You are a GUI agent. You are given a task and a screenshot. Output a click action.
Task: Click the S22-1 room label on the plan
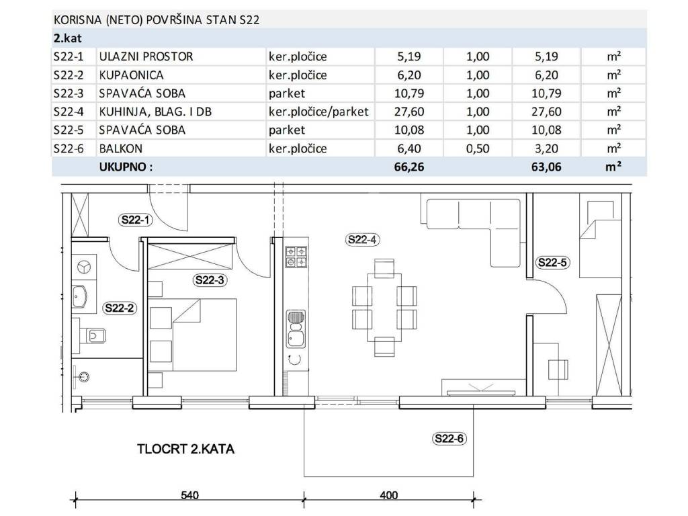coord(136,220)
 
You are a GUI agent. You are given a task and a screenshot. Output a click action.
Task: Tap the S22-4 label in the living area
coord(362,240)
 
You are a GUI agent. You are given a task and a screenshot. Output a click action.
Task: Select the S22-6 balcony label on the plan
coord(449,438)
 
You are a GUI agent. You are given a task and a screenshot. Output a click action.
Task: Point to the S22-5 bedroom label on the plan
coord(552,263)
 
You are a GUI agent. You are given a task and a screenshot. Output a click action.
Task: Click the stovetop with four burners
coord(296,257)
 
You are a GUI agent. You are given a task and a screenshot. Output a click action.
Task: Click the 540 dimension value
coord(189,495)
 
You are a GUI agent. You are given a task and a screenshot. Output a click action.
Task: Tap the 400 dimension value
coord(389,495)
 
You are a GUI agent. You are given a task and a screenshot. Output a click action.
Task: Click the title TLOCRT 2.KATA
coord(185,449)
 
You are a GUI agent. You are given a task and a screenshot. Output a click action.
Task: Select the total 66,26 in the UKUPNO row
coord(409,167)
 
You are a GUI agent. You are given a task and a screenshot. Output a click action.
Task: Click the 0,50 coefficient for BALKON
coord(478,148)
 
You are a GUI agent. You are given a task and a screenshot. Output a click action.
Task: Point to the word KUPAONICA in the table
coord(131,75)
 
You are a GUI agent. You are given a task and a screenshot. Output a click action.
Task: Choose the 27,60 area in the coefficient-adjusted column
coord(546,112)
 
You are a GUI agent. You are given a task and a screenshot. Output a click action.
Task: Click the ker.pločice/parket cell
coord(318,112)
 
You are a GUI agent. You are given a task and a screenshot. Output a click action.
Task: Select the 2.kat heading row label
coord(68,38)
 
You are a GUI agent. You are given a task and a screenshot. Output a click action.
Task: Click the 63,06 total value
coord(546,167)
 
